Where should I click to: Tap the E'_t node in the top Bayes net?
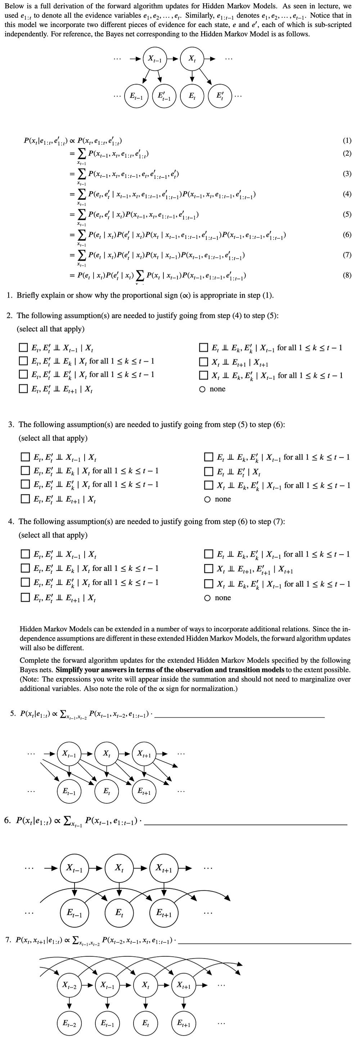pos(220,96)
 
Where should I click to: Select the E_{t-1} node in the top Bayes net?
pos(136,96)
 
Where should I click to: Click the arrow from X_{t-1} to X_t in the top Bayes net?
pos(174,59)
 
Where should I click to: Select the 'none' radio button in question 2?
pos(202,389)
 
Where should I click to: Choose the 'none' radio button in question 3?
pos(208,499)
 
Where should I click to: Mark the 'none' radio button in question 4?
pos(208,598)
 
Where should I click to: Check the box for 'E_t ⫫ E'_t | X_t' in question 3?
pos(209,472)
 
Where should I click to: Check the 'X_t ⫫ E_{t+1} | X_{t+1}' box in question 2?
pos(203,362)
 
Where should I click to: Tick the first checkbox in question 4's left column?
pos(26,555)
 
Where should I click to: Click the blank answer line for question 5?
pos(240,717)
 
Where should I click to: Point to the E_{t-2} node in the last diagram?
pos(69,1023)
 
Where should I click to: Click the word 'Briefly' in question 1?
pos(28,295)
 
